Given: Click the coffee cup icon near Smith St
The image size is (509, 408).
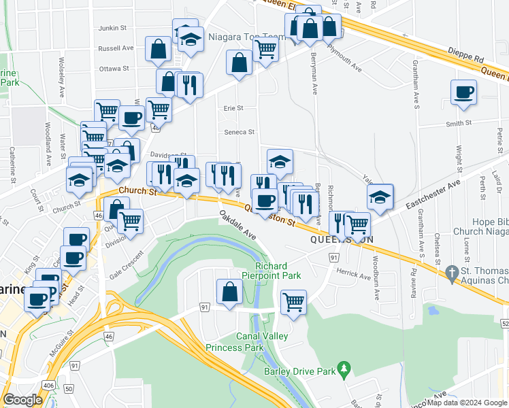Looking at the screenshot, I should [463, 92].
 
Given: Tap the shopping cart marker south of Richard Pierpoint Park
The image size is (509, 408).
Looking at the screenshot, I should [293, 301].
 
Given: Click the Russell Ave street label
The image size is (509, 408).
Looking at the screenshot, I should [116, 48].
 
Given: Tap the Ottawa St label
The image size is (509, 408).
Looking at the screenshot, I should [114, 69].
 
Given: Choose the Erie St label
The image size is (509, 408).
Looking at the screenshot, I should [233, 107].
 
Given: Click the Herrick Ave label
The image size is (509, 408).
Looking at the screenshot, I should [354, 277].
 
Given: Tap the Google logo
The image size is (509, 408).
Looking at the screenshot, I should [23, 400].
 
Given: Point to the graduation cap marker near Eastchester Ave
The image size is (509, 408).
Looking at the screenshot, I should [380, 197].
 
